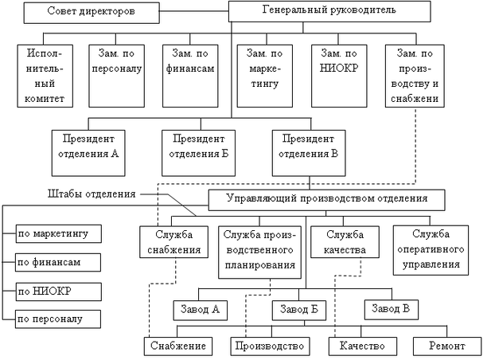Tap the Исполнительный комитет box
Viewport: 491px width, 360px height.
click(44, 75)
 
